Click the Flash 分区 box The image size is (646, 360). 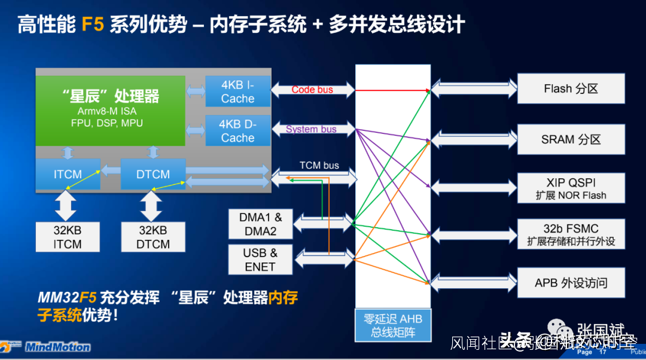click(x=571, y=89)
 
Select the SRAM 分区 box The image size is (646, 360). click(x=571, y=139)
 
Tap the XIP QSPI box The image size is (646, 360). click(x=571, y=188)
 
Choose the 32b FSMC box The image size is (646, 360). click(x=571, y=234)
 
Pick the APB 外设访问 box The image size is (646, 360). click(x=571, y=283)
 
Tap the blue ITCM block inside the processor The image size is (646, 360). click(x=68, y=174)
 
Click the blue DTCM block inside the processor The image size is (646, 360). click(x=153, y=174)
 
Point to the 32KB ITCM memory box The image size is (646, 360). click(x=68, y=237)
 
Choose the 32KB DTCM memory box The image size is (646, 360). click(x=153, y=237)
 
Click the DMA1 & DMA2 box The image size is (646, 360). click(x=260, y=224)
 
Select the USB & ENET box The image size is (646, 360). click(x=260, y=260)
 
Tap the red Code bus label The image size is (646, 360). click(x=312, y=90)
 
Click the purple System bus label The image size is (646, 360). click(x=311, y=129)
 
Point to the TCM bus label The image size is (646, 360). click(x=319, y=165)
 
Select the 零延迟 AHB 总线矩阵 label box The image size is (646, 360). click(x=393, y=326)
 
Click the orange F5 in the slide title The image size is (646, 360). click(x=92, y=25)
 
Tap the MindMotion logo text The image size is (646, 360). click(x=58, y=347)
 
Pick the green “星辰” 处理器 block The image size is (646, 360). click(x=111, y=110)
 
